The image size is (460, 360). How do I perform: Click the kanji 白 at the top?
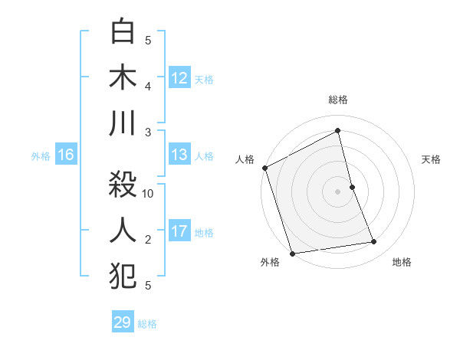tap(123, 33)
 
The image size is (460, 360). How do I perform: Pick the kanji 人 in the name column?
tap(123, 230)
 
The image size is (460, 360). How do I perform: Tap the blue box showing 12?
tap(179, 78)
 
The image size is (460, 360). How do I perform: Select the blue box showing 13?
tap(179, 155)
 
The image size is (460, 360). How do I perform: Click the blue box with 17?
tap(179, 231)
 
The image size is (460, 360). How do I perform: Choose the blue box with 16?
tap(66, 155)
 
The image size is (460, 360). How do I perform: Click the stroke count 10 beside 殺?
tap(149, 194)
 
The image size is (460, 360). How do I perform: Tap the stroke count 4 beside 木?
tap(149, 86)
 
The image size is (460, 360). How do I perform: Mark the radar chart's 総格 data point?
tap(338, 131)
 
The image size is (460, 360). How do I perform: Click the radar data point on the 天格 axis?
tap(352, 187)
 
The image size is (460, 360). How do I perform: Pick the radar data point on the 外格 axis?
tap(291, 254)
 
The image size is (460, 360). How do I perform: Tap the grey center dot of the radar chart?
tap(338, 191)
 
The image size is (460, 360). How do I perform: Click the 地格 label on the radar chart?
tap(402, 262)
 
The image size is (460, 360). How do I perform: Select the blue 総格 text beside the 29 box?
tap(147, 324)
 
